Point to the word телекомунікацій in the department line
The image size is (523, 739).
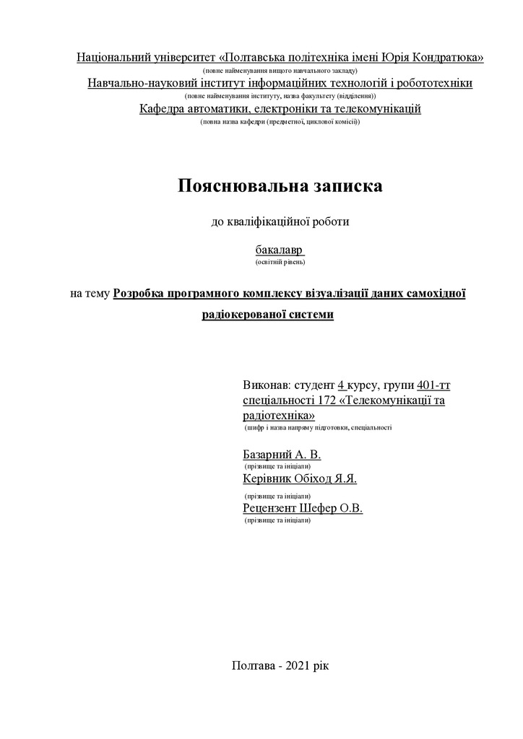point(379,109)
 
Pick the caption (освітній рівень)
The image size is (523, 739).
point(280,263)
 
